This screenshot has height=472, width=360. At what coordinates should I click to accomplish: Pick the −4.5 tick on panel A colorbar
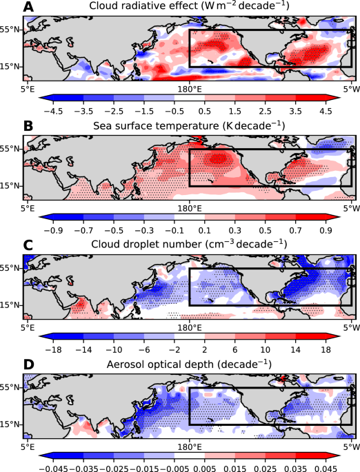coord(53,110)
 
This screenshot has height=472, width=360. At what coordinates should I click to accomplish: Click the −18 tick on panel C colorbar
coord(53,348)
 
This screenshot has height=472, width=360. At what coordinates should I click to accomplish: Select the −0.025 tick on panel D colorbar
coord(113,466)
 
